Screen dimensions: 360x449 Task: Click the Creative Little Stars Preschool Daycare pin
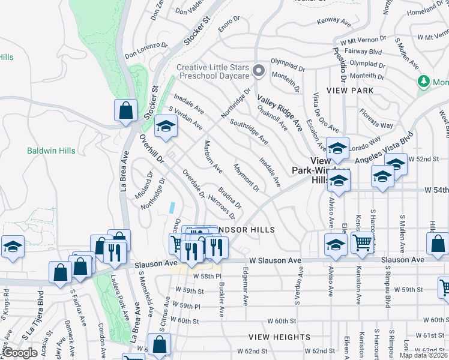click(259, 71)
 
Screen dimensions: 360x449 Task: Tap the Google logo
click(20, 353)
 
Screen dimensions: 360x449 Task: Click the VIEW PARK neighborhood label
click(350, 91)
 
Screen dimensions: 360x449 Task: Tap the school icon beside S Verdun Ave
click(166, 126)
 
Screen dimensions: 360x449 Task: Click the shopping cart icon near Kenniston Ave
click(362, 242)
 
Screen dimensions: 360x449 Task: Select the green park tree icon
click(424, 81)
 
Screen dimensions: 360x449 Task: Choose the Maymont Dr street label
click(246, 178)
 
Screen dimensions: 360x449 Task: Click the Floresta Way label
click(376, 118)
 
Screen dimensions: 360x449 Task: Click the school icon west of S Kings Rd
click(11, 247)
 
